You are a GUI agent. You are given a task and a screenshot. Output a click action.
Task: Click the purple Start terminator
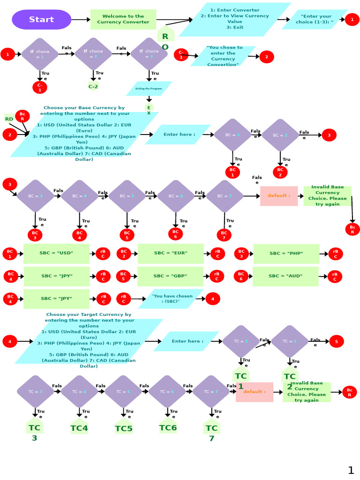click(x=41, y=20)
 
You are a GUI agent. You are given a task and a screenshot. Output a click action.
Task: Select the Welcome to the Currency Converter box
click(x=123, y=19)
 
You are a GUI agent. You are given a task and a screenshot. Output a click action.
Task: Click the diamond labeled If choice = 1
click(x=40, y=54)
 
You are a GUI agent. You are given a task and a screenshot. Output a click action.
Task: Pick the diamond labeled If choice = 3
click(x=149, y=54)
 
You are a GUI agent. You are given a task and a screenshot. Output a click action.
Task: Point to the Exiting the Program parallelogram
click(x=149, y=89)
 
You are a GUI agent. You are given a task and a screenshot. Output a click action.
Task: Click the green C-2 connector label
click(x=93, y=86)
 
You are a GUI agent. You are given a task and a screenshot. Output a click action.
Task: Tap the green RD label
click(x=9, y=119)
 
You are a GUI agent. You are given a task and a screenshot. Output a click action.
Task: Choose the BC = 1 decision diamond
click(x=232, y=135)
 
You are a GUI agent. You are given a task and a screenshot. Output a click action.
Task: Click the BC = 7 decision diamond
click(x=224, y=196)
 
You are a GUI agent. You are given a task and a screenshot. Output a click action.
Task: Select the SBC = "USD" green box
click(x=56, y=253)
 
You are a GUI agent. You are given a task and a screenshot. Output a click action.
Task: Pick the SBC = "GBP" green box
click(x=170, y=276)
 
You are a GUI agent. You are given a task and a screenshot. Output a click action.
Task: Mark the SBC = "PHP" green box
click(x=286, y=254)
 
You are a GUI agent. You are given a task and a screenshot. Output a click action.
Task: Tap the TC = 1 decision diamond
click(x=240, y=341)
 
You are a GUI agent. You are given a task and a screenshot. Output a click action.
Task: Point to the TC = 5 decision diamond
click(x=123, y=391)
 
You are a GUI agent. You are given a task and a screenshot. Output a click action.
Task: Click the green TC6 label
click(x=168, y=427)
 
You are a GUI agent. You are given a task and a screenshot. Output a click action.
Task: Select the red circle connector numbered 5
click(x=336, y=341)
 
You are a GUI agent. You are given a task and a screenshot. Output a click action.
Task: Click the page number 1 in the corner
click(x=351, y=470)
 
